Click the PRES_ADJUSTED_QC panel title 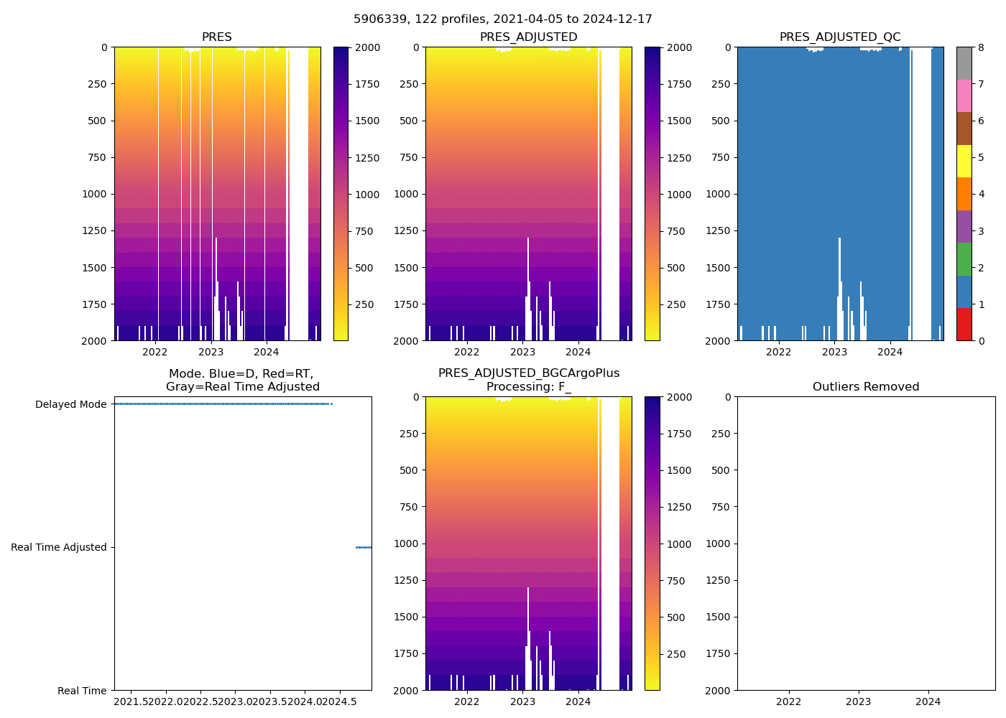click(840, 37)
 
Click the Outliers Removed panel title click(866, 387)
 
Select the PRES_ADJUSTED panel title click(528, 37)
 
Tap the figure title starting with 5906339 click(503, 19)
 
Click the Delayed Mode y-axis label click(70, 404)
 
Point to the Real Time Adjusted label click(59, 547)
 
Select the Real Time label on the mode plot click(82, 691)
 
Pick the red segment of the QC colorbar click(964, 325)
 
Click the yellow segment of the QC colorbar click(964, 162)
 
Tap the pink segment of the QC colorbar click(964, 96)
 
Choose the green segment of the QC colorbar click(964, 259)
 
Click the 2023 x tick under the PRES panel click(211, 352)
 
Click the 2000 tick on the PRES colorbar click(368, 47)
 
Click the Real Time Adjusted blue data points click(364, 547)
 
